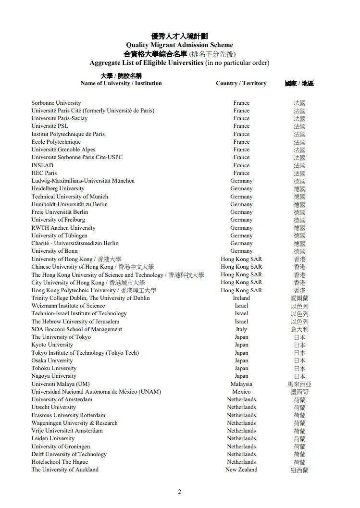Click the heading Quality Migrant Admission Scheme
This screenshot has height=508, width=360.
click(x=179, y=45)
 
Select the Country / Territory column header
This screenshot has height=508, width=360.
click(x=241, y=83)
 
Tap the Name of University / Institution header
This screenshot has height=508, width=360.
click(x=121, y=83)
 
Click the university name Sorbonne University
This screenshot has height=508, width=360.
click(x=56, y=103)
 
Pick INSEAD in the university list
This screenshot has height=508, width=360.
click(x=42, y=165)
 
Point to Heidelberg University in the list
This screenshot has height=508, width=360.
click(x=58, y=189)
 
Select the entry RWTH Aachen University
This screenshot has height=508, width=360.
click(x=63, y=228)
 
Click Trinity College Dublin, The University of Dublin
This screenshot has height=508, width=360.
click(x=90, y=298)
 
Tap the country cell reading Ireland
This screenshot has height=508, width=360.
click(x=241, y=298)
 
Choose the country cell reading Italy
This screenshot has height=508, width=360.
click(x=241, y=329)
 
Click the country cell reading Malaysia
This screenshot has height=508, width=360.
click(x=241, y=384)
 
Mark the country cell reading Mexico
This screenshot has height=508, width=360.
click(x=241, y=392)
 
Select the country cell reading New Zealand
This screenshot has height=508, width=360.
click(x=241, y=470)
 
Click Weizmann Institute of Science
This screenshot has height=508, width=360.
click(x=68, y=306)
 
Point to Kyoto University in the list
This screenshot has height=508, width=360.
click(x=52, y=345)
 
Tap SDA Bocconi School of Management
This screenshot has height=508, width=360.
click(x=76, y=329)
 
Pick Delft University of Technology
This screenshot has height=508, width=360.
click(x=69, y=454)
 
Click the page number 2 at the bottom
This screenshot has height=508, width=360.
click(x=180, y=492)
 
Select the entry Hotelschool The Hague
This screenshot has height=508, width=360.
click(x=60, y=462)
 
